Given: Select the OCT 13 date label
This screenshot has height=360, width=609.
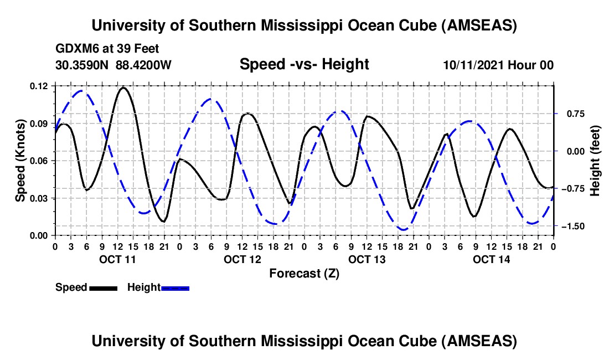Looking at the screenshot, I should [x=367, y=260].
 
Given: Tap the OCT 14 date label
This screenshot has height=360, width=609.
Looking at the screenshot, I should [x=491, y=260].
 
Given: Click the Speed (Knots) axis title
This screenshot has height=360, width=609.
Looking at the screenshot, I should [x=20, y=161].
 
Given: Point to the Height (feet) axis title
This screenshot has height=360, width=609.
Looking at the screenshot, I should [x=595, y=161].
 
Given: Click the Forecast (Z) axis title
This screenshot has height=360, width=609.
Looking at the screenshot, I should [x=304, y=273].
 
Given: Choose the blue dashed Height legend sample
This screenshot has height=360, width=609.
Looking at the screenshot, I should [x=175, y=288].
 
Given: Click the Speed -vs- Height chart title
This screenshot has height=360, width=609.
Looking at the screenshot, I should [x=304, y=65].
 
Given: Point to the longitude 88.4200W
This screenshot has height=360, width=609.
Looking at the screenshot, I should [x=143, y=65].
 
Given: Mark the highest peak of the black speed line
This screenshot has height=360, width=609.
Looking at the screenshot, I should [x=123, y=88].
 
